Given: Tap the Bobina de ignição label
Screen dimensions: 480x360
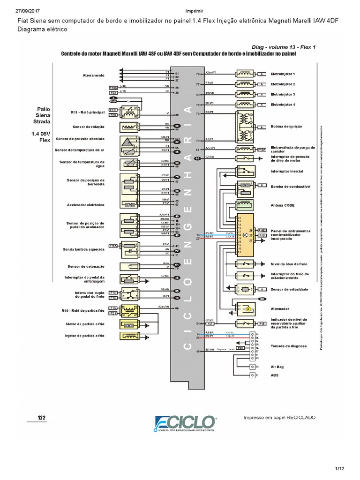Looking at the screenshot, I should pos(286,127).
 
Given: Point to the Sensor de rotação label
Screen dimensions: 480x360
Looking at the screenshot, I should pos(88,127).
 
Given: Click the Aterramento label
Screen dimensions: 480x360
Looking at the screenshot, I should pos(93,75).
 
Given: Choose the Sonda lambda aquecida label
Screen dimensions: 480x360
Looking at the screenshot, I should pos(83,249).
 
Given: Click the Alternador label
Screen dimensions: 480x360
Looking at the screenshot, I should pos(280,309).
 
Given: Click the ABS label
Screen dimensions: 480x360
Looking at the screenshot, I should pos(275,375).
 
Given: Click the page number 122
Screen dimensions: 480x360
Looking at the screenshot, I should pos(42,417).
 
